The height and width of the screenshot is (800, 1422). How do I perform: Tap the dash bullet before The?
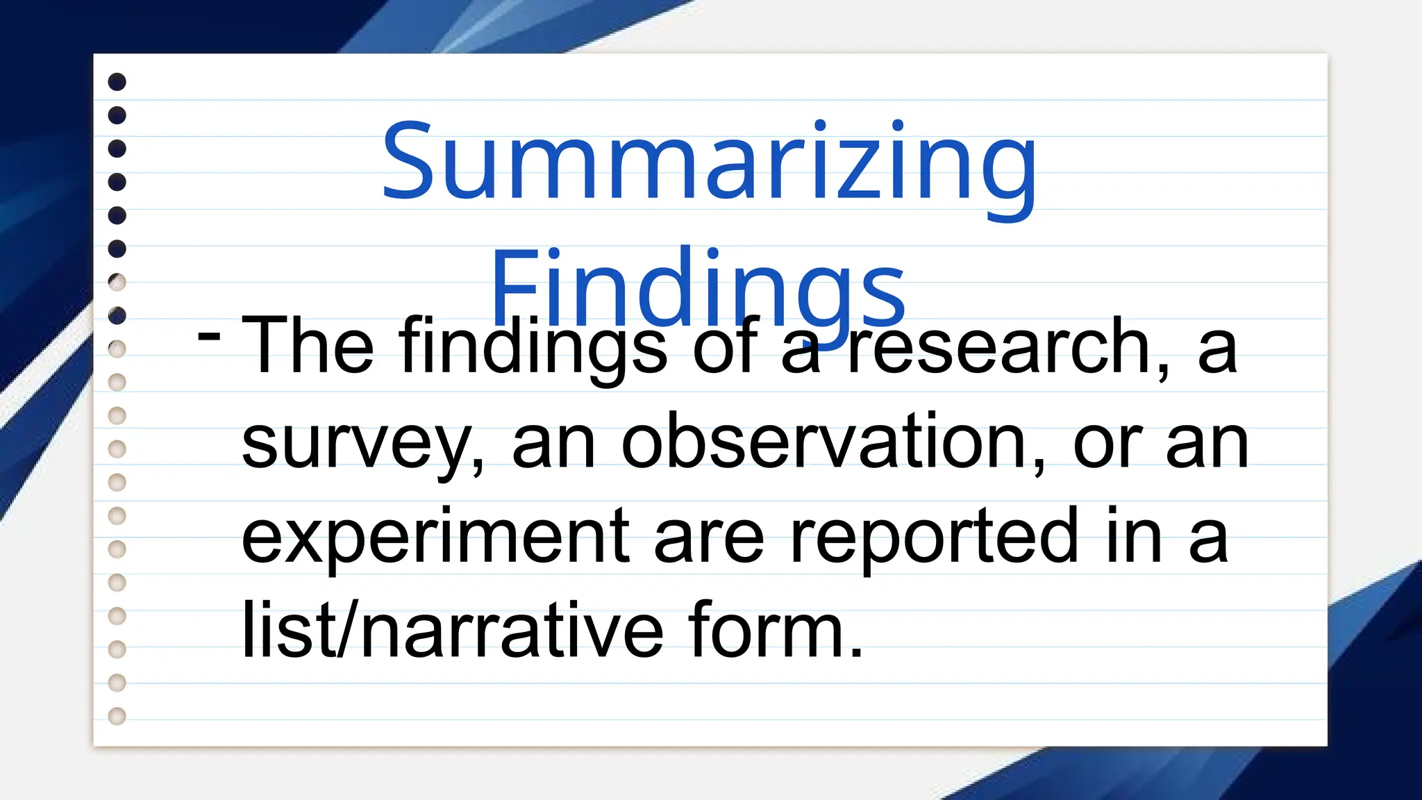(209, 336)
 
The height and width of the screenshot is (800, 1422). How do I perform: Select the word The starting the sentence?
(307, 345)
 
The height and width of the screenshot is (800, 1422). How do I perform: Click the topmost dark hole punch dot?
(117, 82)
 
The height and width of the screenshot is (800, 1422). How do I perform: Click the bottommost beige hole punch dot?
(117, 716)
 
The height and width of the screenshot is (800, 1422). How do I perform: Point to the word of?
(725, 345)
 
